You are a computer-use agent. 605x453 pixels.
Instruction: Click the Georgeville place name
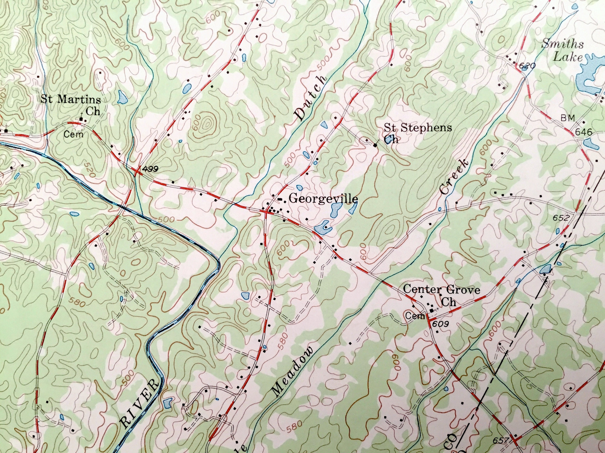(x=323, y=199)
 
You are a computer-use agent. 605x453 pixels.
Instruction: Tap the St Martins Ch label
(x=71, y=105)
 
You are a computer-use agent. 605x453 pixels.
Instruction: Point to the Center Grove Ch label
(x=441, y=295)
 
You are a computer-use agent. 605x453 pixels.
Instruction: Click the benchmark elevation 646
(x=583, y=132)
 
